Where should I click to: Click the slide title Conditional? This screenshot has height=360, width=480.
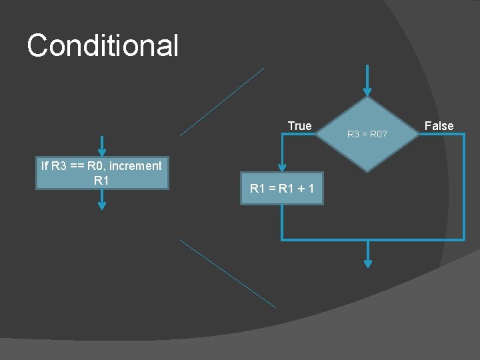[x=103, y=46]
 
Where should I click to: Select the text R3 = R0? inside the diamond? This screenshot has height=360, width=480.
[x=367, y=134]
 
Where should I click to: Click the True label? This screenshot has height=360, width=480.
[x=299, y=126]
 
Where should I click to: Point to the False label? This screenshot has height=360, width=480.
[x=439, y=126]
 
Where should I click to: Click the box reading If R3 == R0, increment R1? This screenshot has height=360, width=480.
[x=101, y=173]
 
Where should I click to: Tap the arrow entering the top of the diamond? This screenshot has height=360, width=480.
[x=367, y=80]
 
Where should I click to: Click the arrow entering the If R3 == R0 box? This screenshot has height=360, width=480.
[x=101, y=145]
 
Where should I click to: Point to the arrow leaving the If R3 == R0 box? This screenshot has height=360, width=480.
[x=101, y=200]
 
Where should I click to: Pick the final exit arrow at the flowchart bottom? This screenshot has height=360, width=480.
[x=367, y=255]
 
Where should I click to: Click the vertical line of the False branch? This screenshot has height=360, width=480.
[x=463, y=187]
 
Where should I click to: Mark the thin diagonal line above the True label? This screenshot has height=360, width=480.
[x=222, y=101]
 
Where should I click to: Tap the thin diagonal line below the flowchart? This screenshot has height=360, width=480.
[x=227, y=273]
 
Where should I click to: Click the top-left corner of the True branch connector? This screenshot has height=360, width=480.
[x=283, y=134]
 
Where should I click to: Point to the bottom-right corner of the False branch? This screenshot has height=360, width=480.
[x=463, y=239]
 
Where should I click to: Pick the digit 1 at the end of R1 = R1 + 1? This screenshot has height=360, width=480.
[x=312, y=189]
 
